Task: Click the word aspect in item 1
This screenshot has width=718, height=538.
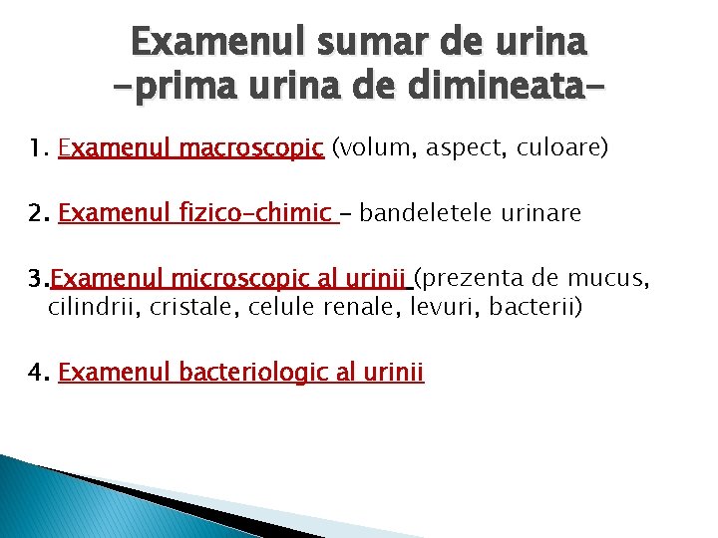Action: click(462, 149)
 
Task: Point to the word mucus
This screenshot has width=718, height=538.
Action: click(619, 278)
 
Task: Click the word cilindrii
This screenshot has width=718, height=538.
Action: click(95, 306)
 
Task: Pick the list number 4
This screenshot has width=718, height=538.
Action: click(38, 373)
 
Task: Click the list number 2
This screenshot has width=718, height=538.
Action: click(38, 213)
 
